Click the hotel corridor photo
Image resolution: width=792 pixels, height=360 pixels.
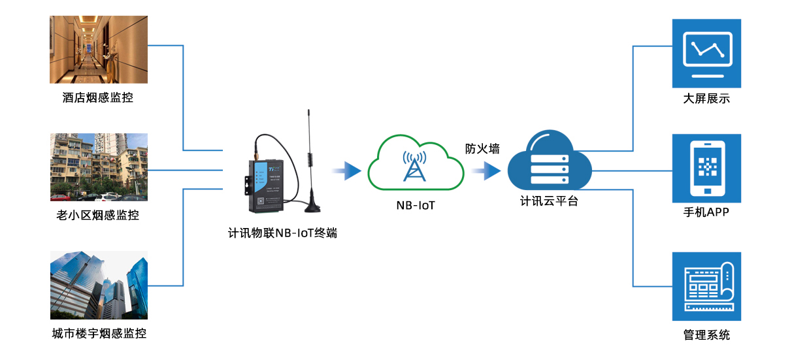tap(99, 50)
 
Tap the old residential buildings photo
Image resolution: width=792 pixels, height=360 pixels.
tap(99, 167)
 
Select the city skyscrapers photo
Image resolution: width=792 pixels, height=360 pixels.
tap(99, 285)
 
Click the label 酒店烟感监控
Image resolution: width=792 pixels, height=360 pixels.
tap(98, 98)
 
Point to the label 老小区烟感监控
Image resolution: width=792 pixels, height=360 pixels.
tap(98, 215)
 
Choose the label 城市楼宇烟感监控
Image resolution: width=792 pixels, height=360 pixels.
tap(99, 334)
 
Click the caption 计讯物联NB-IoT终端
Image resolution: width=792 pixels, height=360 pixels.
tap(282, 233)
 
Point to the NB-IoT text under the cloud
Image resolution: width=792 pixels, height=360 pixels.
tap(415, 206)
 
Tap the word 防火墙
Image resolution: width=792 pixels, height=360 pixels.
tap(482, 149)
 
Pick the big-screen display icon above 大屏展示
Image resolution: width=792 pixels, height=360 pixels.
tap(706, 54)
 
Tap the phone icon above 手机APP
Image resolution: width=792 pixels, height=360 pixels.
tap(706, 169)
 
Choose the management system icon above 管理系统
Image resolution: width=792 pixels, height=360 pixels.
tap(706, 286)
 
